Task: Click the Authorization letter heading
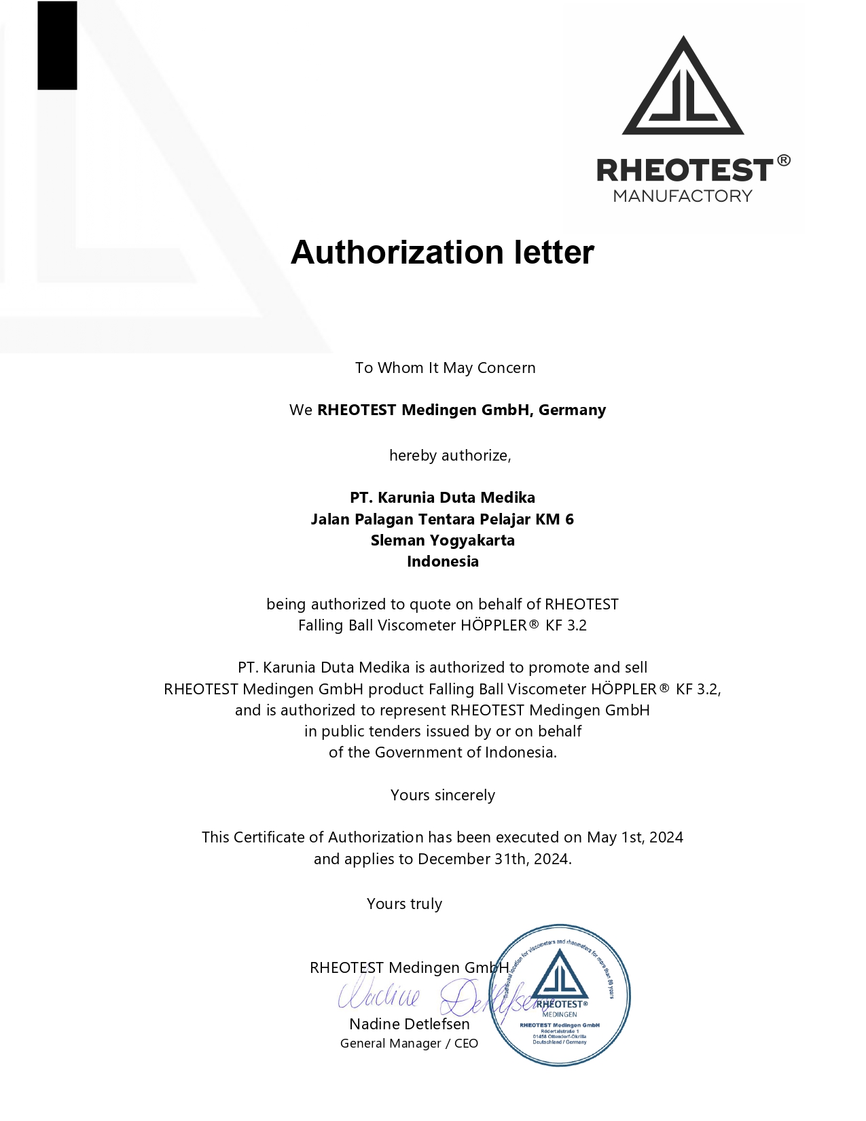coord(442,253)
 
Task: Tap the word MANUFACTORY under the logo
coord(683,196)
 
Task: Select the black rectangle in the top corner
coord(57,45)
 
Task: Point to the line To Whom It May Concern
coord(445,368)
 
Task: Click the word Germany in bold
coord(572,410)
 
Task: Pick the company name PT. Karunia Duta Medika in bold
coord(442,498)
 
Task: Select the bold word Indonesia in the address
coord(442,562)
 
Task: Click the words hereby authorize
coord(450,456)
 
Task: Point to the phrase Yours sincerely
coord(442,796)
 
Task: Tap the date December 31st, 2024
coord(494,859)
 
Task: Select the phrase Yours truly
coord(404,904)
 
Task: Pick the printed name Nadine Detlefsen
coord(409,1025)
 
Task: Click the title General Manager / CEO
coord(409,1044)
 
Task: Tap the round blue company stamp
coord(560,995)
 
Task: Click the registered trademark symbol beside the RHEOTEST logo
coord(783,161)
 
